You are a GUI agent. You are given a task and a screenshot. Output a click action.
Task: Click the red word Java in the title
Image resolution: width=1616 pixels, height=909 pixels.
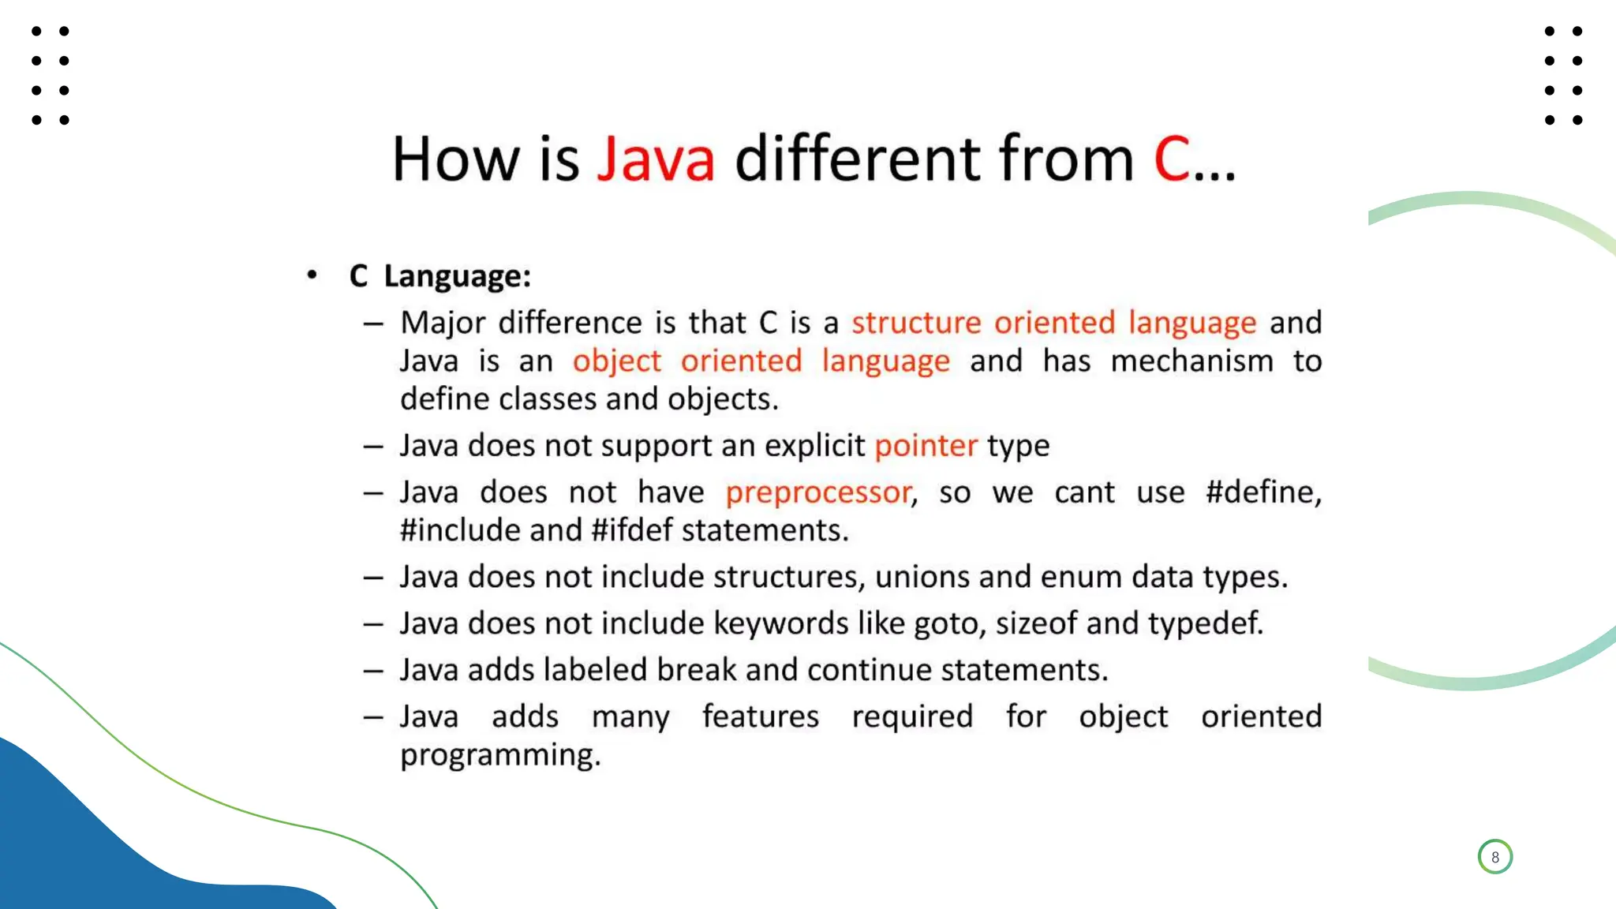[x=656, y=159]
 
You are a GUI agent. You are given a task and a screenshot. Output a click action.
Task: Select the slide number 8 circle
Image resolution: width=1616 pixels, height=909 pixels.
[x=1494, y=857]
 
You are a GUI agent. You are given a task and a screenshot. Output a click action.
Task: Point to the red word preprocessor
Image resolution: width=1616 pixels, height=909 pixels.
[x=818, y=493]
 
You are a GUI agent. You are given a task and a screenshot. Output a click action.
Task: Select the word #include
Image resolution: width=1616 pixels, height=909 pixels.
[x=460, y=531]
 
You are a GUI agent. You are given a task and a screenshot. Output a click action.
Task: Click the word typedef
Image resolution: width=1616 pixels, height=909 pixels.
[x=1205, y=624]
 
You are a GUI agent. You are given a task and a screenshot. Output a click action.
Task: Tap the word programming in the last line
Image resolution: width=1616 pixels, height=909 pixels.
[x=499, y=755]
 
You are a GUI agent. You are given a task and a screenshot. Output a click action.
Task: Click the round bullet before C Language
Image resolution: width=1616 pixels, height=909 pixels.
[x=312, y=275]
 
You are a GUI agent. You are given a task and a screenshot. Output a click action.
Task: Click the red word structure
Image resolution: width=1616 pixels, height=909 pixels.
[x=916, y=323]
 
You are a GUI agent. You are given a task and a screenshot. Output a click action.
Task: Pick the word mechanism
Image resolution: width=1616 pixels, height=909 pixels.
[x=1191, y=361]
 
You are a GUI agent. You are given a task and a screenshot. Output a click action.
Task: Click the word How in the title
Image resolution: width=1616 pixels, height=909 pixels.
[x=455, y=159]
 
